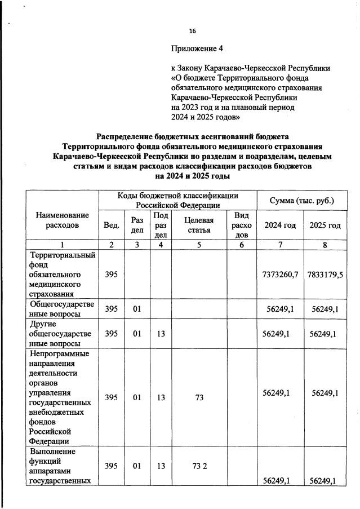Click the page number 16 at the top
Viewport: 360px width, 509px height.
192,30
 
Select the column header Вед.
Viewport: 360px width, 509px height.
112,225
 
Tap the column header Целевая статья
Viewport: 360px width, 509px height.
199,225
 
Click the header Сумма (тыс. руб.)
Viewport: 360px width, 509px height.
302,200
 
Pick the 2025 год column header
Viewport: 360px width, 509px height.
325,225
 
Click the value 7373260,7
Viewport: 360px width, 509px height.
280,274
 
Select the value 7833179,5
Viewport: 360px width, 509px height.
325,274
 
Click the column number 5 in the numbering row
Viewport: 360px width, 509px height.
199,245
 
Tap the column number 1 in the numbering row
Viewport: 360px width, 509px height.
63,245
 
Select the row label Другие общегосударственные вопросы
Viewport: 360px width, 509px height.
63,333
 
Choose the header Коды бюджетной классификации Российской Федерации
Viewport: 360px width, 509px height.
177,200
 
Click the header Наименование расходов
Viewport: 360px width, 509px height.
63,220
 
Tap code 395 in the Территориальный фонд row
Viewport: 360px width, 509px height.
112,274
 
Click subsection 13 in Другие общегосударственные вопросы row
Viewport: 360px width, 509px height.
161,333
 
